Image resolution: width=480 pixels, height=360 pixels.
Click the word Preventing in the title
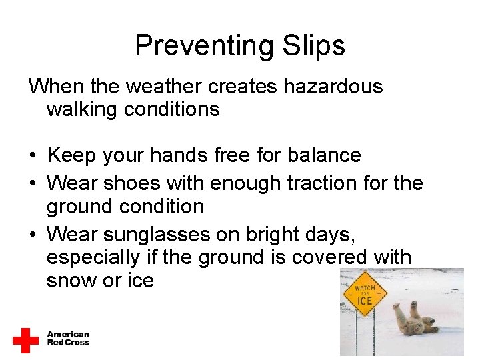pyautogui.click(x=204, y=46)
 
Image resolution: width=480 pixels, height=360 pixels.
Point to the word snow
pyautogui.click(x=71, y=281)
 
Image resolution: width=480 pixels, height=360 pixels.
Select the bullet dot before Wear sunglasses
pyautogui.click(x=32, y=235)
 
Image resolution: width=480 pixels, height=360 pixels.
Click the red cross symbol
pyautogui.click(x=26, y=340)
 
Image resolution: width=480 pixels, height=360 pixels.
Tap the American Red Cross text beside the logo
pyautogui.click(x=68, y=339)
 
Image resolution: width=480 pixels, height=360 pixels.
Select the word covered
pyautogui.click(x=333, y=257)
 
